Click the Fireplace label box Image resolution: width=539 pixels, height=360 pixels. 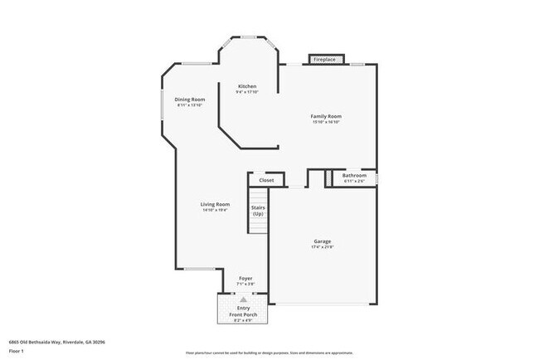[324, 60]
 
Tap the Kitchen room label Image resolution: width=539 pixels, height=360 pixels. [247, 86]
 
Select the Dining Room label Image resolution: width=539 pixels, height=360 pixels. [189, 100]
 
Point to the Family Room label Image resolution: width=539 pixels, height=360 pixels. [327, 116]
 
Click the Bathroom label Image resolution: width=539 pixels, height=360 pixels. [354, 175]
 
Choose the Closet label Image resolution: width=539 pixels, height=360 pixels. [266, 180]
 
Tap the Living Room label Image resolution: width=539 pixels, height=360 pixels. [215, 204]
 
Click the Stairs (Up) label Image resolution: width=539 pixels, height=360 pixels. [258, 211]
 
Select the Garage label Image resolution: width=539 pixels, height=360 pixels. [322, 241]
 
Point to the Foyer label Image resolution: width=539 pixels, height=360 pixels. [245, 278]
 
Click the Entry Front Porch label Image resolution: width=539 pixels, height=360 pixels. [243, 311]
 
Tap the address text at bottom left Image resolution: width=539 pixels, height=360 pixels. [56, 342]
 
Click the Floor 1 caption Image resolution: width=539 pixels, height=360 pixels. [16, 351]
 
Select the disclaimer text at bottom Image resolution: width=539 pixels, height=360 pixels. [269, 353]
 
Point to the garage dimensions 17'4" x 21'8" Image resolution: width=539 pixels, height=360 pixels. [322, 247]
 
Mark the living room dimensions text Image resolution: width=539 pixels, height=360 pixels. [215, 210]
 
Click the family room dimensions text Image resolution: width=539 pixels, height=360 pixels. [327, 122]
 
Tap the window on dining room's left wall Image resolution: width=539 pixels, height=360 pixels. [162, 107]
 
